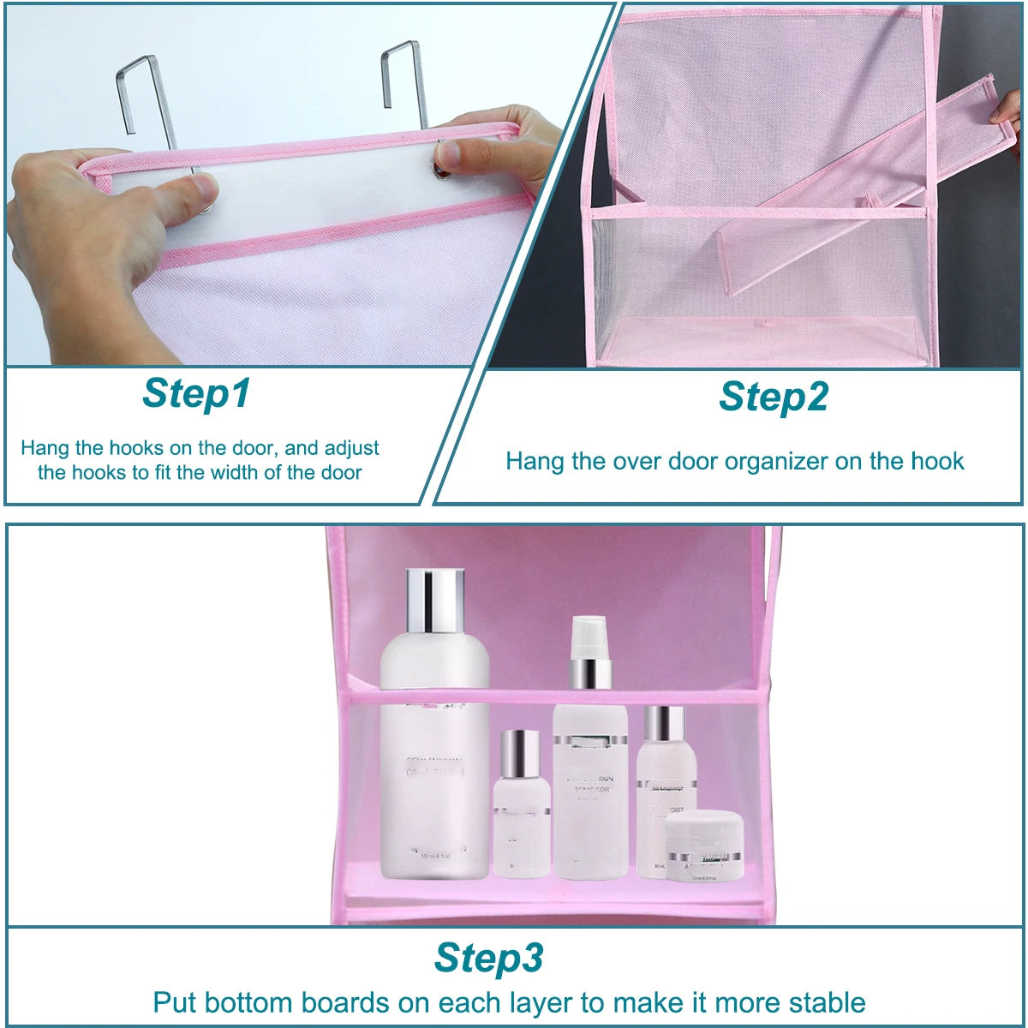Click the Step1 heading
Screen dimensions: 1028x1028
click(196, 393)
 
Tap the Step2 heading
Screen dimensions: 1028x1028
click(774, 397)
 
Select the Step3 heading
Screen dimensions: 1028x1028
click(488, 957)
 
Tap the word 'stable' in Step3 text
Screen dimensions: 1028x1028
click(822, 1002)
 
